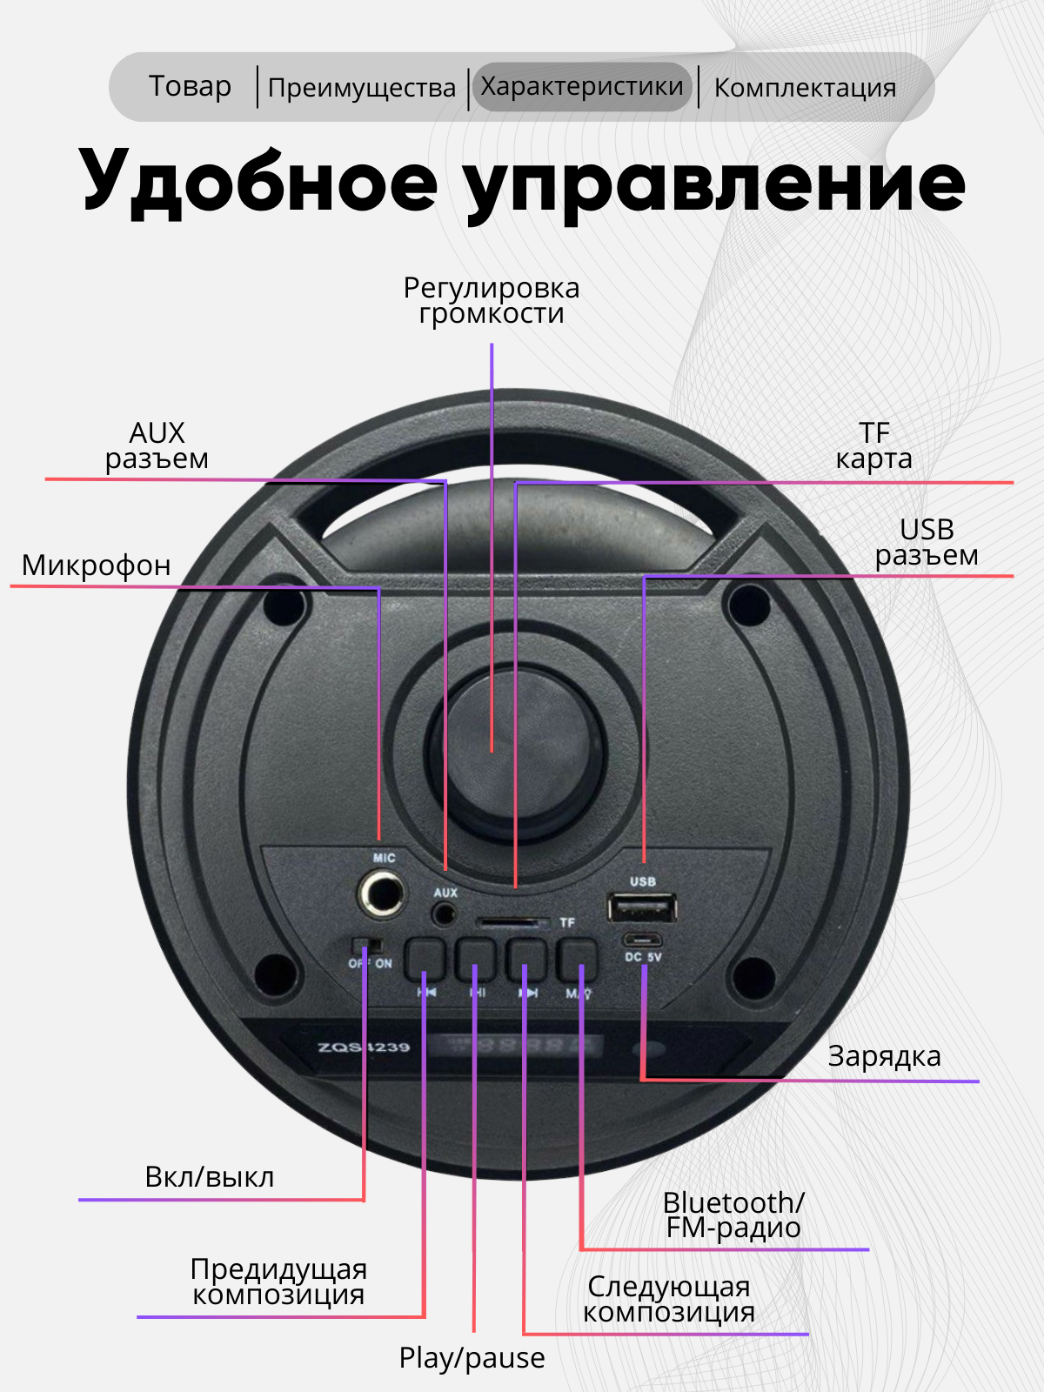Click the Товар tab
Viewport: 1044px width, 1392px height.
[x=190, y=87]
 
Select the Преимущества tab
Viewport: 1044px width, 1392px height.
[x=361, y=88]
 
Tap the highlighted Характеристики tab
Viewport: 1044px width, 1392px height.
[x=581, y=87]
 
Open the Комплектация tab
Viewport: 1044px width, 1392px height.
[x=805, y=88]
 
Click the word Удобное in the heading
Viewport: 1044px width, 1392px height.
[x=258, y=184]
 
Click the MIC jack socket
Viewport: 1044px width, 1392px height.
[x=381, y=894]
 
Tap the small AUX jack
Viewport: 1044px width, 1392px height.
[x=445, y=913]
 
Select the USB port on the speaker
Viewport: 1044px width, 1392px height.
[x=642, y=910]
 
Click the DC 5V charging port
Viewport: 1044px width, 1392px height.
[x=642, y=940]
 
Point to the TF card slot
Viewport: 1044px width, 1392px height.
[x=512, y=922]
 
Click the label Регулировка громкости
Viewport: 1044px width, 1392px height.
[x=492, y=300]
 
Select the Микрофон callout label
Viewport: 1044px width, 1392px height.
[x=96, y=565]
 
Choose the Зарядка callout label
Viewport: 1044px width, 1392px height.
[x=884, y=1056]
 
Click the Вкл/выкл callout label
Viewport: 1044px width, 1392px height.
[x=209, y=1177]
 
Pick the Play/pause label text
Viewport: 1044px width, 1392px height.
[x=472, y=1358]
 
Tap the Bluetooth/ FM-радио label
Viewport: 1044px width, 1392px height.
[x=733, y=1215]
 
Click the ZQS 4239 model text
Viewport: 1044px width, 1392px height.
[x=364, y=1047]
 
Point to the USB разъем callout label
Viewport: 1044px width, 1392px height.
[x=927, y=542]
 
